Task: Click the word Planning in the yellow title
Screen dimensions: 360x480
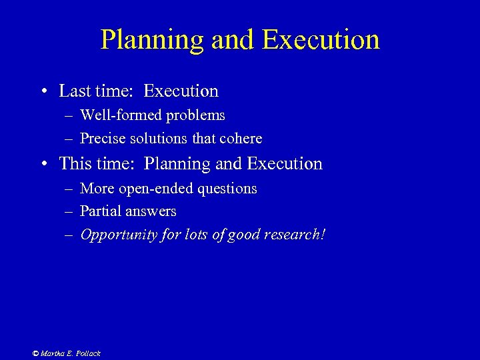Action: pyautogui.click(x=152, y=40)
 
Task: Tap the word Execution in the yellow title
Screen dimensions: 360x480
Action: pyautogui.click(x=321, y=40)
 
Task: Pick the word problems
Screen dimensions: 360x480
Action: pyautogui.click(x=196, y=115)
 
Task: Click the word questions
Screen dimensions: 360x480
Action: pyautogui.click(x=225, y=189)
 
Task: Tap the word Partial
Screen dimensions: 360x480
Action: pyautogui.click(x=99, y=211)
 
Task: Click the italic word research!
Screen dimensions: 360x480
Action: pyautogui.click(x=295, y=235)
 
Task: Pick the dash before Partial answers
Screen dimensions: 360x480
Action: pyautogui.click(x=69, y=212)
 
